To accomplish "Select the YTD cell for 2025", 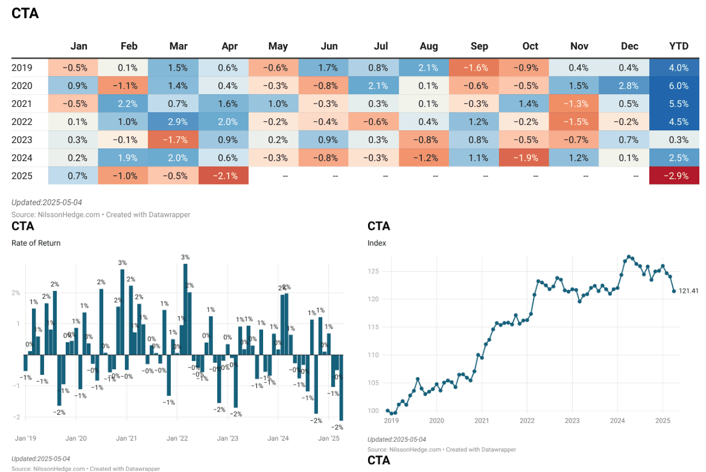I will [674, 176].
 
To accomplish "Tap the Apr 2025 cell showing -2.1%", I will [224, 176].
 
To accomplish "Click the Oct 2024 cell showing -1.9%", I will [524, 158].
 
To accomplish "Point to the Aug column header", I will [428, 46].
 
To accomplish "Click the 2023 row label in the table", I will [22, 140].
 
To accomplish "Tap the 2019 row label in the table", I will [22, 68].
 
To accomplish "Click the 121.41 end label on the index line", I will [689, 292].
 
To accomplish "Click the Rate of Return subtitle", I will [36, 243].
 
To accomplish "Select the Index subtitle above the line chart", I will [377, 243].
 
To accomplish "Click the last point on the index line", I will [674, 291].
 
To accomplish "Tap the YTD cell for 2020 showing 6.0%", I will [674, 86].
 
